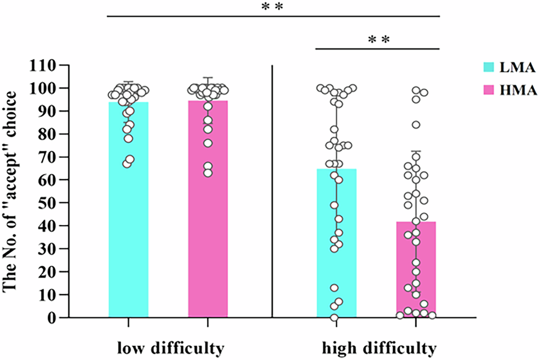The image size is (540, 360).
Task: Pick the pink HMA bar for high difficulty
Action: pos(416,273)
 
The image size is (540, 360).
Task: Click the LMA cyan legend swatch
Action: pos(488,67)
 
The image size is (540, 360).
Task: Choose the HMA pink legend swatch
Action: pos(488,91)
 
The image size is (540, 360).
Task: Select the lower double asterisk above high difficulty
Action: pos(378,40)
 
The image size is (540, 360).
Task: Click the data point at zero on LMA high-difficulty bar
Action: pos(334,317)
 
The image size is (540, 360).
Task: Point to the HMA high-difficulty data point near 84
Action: pos(416,125)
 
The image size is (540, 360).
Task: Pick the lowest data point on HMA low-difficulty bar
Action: pos(208,173)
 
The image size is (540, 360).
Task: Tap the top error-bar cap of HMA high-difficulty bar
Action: pos(416,151)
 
